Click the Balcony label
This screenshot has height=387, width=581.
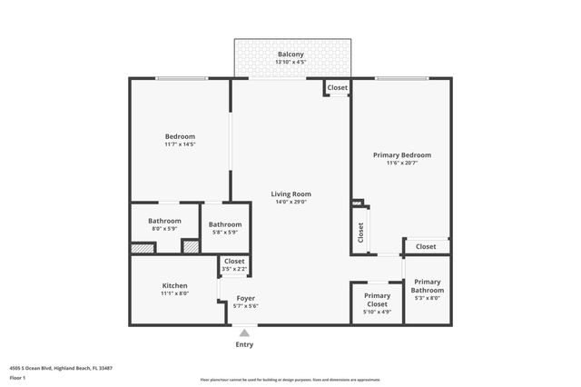coord(291,55)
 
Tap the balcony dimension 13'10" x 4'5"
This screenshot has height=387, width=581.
coord(291,63)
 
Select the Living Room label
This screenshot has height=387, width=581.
coord(291,193)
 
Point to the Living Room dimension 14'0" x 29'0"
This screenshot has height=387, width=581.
coord(291,202)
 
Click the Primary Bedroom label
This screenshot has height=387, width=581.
coord(402,154)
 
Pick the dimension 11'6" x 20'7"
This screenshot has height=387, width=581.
coord(402,164)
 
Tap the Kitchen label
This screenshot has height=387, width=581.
coord(174,285)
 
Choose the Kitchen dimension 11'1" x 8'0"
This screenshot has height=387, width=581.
coord(174,293)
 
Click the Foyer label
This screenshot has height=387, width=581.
coord(246,298)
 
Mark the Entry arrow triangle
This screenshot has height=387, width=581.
coord(244,333)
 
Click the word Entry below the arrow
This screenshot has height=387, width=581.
coord(244,344)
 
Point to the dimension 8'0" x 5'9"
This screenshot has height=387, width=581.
coord(165,229)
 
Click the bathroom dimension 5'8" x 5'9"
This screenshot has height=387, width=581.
coord(224,233)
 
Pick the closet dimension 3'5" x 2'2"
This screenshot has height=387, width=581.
coord(233,269)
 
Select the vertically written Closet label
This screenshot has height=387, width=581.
coord(360,232)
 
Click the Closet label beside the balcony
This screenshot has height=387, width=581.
coord(337,88)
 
